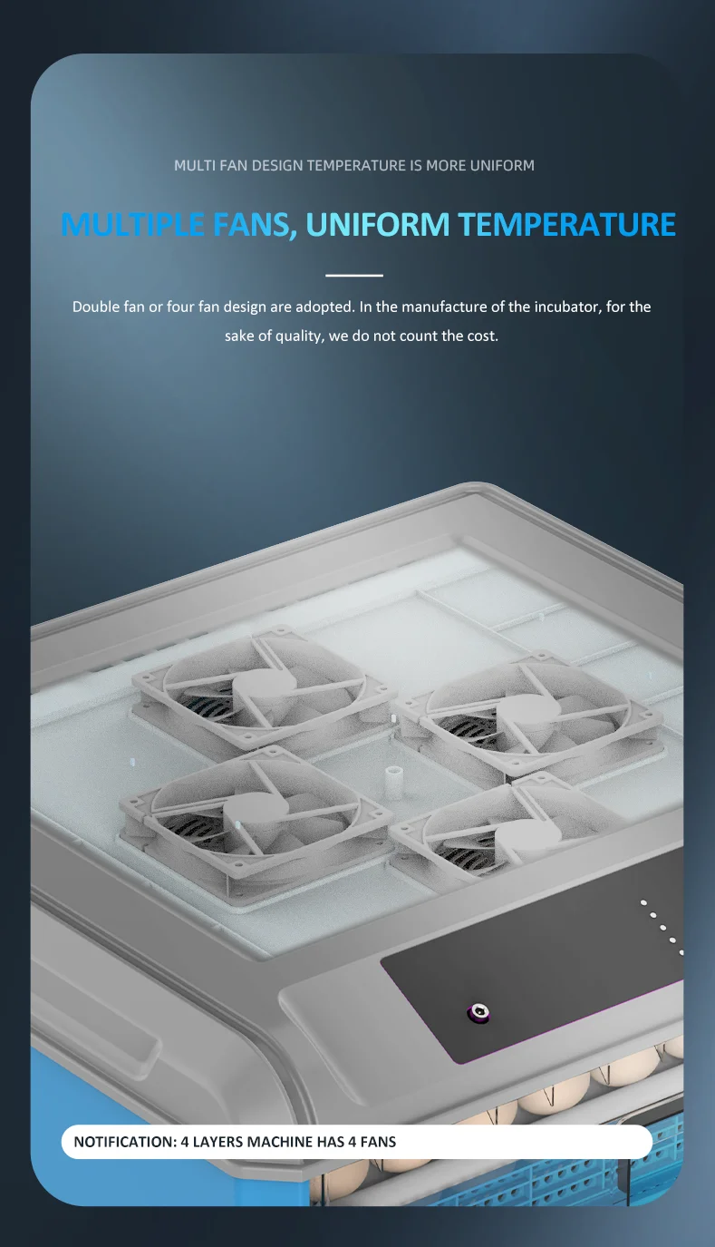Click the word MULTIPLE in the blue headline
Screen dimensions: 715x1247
coord(132,224)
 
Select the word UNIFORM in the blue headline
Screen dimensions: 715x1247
coord(377,224)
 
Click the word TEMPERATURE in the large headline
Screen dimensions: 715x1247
coord(567,224)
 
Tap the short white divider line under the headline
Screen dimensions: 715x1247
coord(354,275)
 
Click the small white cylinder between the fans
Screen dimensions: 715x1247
coord(394,782)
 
